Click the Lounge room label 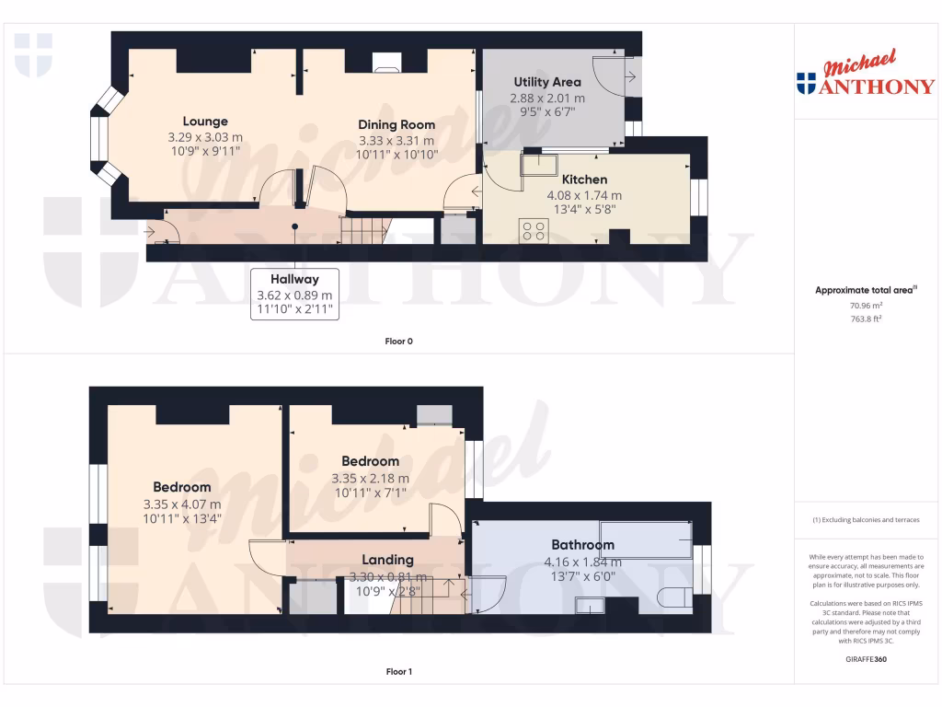[205, 122]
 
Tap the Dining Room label [396, 124]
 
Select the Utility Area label [547, 82]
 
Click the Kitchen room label [584, 180]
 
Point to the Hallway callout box [294, 295]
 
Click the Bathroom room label [582, 544]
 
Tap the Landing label [387, 560]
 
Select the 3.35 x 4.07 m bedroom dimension [182, 504]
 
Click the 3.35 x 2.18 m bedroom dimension [370, 478]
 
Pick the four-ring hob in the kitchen [533, 230]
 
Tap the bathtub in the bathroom [645, 539]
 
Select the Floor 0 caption [398, 342]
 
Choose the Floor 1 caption [398, 672]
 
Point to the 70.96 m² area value [864, 305]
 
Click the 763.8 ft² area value [864, 319]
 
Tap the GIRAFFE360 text [864, 659]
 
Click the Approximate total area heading [866, 290]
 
